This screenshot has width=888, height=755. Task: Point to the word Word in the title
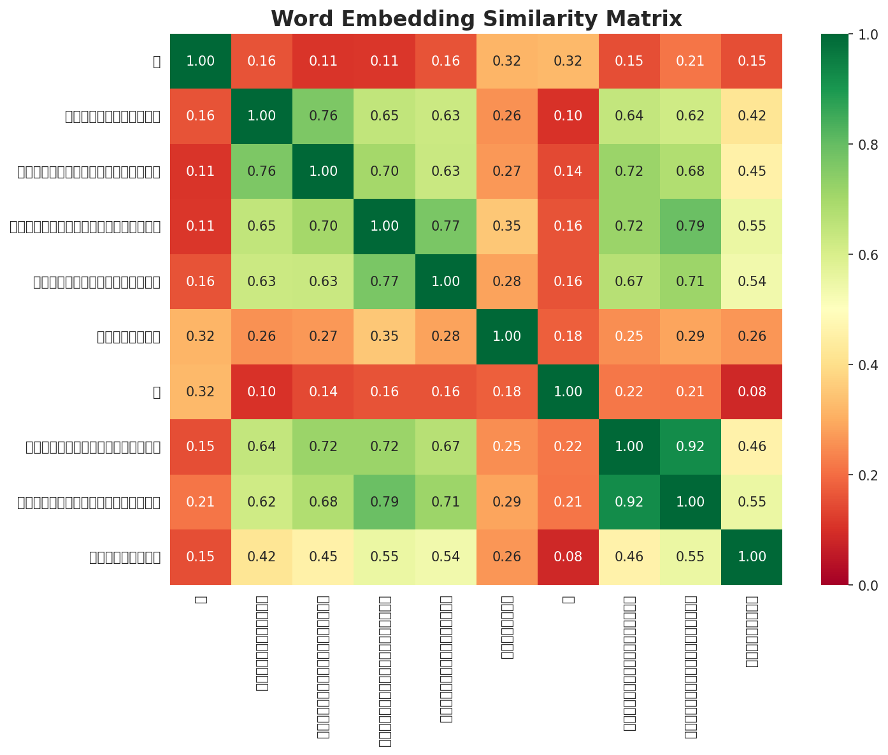295,19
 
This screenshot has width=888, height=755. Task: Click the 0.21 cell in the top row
690,61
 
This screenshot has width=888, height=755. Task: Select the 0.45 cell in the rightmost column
751,171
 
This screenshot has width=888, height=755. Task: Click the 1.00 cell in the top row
200,61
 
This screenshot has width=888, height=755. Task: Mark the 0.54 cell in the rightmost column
751,282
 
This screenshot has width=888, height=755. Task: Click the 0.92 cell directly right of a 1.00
690,447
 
